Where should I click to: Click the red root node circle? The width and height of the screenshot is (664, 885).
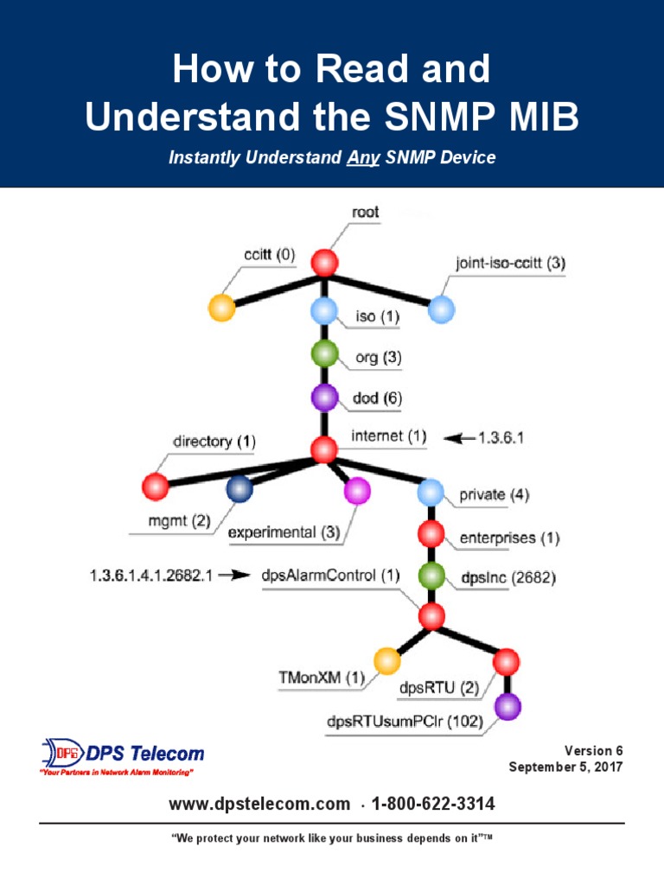pos(324,262)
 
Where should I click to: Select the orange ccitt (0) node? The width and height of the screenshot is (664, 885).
pos(222,308)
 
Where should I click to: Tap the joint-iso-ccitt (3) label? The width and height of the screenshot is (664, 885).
pos(510,262)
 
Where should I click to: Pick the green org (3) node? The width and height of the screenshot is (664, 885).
pos(324,353)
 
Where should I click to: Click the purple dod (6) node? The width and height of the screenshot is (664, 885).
pos(324,398)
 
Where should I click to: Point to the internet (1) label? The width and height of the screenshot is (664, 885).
pos(388,437)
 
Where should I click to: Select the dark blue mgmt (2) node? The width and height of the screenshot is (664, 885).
pos(239,489)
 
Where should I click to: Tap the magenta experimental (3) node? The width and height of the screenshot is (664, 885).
pos(357,491)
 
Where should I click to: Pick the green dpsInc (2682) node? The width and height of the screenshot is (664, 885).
pos(431,576)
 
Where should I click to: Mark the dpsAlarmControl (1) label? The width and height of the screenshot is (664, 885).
pos(330,575)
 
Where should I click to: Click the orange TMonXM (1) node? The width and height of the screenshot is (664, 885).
pos(386,662)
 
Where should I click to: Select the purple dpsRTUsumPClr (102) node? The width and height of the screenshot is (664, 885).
pos(508,707)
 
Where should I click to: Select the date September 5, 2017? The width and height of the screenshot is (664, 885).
pos(565,767)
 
